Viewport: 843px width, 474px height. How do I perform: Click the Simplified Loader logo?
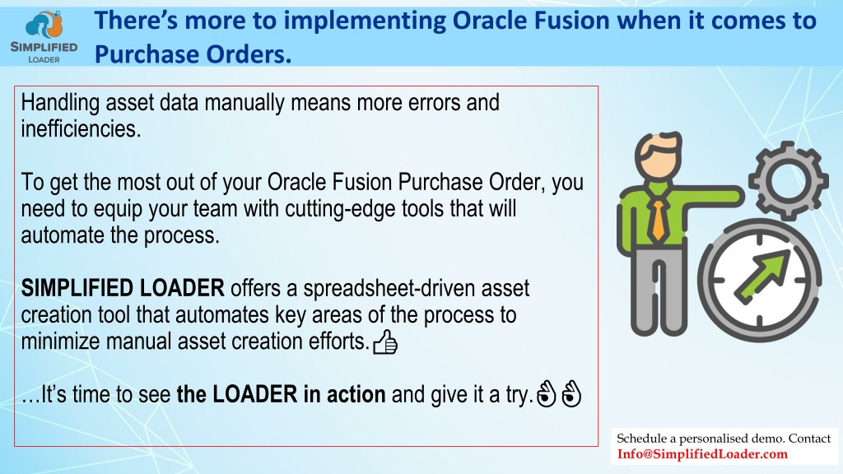(44, 36)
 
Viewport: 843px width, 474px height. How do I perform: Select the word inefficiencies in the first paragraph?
(81, 129)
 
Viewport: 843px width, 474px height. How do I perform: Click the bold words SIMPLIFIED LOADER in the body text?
(123, 288)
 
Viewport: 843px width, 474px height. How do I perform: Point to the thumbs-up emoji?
(385, 342)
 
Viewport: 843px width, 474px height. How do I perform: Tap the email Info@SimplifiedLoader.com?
(702, 454)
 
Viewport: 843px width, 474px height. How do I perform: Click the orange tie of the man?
(658, 220)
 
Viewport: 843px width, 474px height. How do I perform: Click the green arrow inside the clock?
(762, 276)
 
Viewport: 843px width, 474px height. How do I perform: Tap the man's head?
(659, 156)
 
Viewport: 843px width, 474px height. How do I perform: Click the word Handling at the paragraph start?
(60, 103)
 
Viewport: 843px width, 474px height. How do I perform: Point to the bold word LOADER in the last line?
(255, 394)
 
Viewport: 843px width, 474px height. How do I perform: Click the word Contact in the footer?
(810, 439)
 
